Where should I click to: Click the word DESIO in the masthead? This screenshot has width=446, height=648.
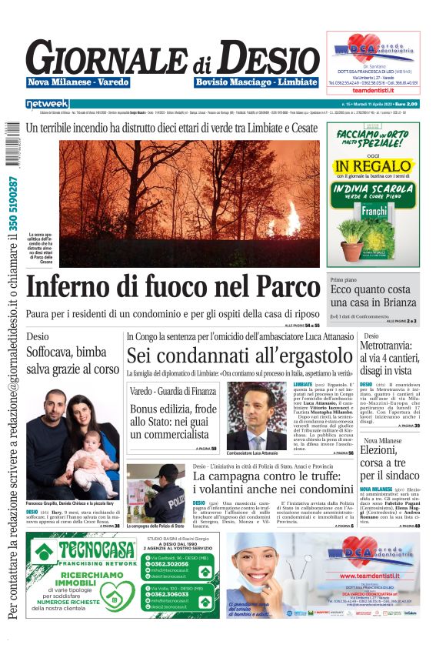click(258, 58)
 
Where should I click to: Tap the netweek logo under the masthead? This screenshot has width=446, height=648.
click(48, 104)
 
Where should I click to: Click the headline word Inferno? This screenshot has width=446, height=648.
click(78, 286)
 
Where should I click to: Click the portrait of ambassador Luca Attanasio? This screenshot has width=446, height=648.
click(256, 416)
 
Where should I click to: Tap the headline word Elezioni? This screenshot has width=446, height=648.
click(389, 450)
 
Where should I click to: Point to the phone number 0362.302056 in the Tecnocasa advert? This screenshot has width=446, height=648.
click(173, 563)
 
